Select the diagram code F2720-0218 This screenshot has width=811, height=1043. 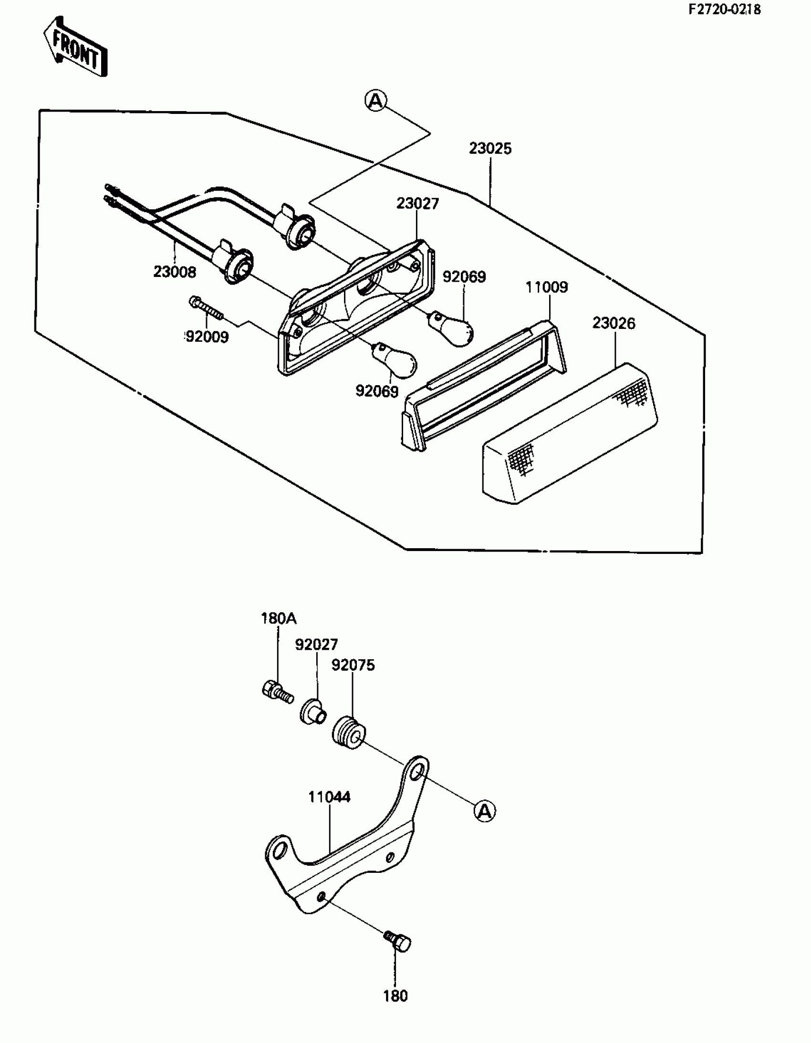pyautogui.click(x=724, y=10)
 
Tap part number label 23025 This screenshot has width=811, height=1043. pyautogui.click(x=490, y=149)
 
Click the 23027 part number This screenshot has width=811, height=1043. pyautogui.click(x=417, y=204)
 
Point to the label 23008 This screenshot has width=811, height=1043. pyautogui.click(x=175, y=272)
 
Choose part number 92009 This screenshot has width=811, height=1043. pyautogui.click(x=207, y=337)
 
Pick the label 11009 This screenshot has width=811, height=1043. pyautogui.click(x=547, y=287)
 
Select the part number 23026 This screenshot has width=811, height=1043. pyautogui.click(x=613, y=323)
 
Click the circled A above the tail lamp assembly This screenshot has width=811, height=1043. pyautogui.click(x=376, y=100)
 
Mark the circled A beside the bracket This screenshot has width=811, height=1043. pyautogui.click(x=485, y=810)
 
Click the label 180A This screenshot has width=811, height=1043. pyautogui.click(x=278, y=618)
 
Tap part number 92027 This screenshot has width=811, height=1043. pyautogui.click(x=316, y=644)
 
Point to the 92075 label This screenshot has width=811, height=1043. pyautogui.click(x=353, y=665)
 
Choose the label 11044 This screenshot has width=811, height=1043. pyautogui.click(x=329, y=797)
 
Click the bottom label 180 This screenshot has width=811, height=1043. pyautogui.click(x=395, y=996)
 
